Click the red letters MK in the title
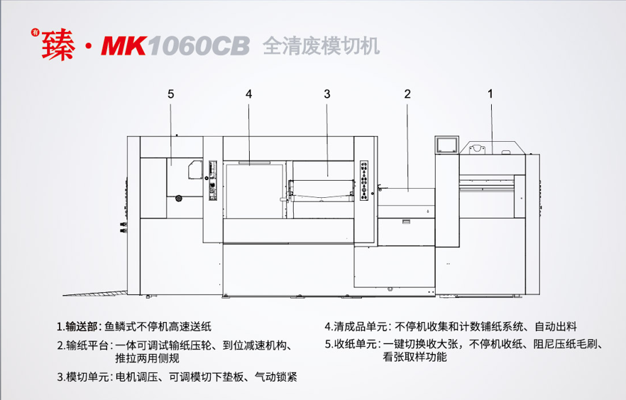coord(123,45)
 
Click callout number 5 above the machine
coord(171,93)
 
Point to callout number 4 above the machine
coord(249,93)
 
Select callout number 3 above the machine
coord(326,93)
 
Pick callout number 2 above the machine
coord(407,93)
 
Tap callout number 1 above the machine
coord(490,93)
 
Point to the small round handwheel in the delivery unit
coord(179,197)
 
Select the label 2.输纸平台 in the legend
coord(83,345)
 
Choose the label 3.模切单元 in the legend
coord(83,377)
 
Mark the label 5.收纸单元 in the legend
coord(351,345)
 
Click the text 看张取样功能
coord(414,358)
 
